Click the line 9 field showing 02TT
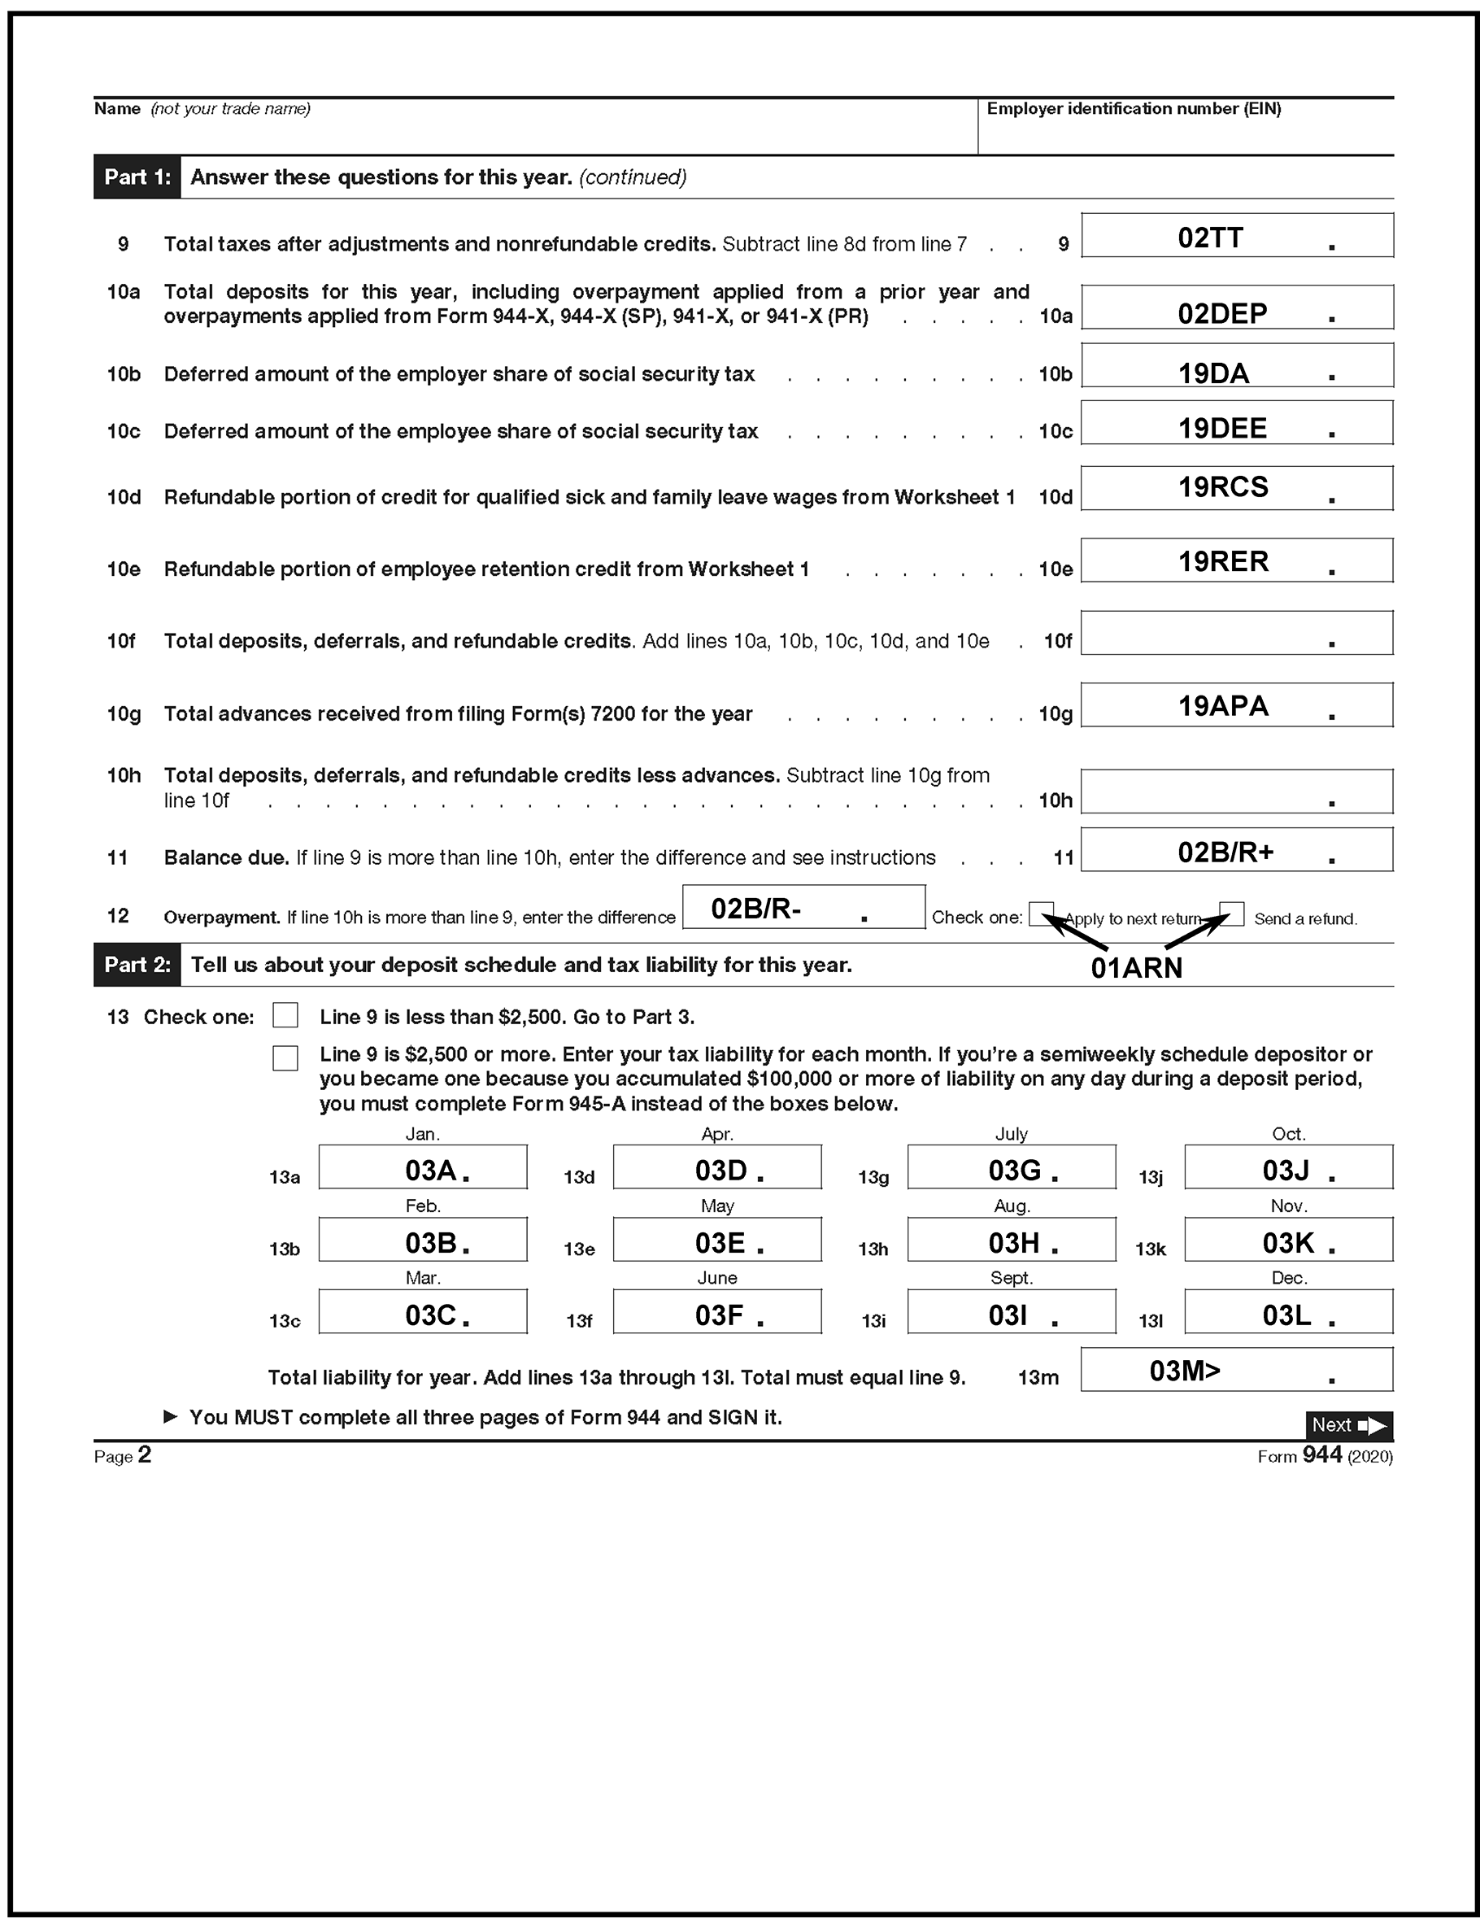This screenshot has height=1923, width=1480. click(x=1236, y=236)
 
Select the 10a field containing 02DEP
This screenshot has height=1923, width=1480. click(x=1236, y=307)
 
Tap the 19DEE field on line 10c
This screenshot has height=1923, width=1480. click(x=1236, y=424)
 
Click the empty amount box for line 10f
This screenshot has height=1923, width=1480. click(x=1236, y=633)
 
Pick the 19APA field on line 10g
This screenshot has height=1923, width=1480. click(x=1236, y=705)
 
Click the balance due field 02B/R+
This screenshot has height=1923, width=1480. click(x=1236, y=850)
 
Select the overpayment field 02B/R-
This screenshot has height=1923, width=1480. click(x=803, y=908)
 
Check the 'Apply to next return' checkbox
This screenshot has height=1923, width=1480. click(x=1041, y=914)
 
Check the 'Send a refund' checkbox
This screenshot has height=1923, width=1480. click(x=1232, y=914)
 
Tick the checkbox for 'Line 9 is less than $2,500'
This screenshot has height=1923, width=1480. click(x=285, y=1015)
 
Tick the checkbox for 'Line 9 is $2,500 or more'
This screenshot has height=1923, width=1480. click(x=285, y=1057)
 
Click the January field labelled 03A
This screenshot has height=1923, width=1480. click(x=423, y=1167)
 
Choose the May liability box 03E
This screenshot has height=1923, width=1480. click(x=716, y=1240)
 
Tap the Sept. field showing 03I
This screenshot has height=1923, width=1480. click(x=1011, y=1312)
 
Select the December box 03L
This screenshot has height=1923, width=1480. click(x=1288, y=1312)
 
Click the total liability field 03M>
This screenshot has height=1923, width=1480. click(x=1236, y=1370)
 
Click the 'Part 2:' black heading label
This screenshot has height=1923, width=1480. click(x=137, y=965)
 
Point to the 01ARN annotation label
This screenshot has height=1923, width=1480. click(x=1136, y=968)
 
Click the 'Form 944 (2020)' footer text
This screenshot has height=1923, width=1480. click(x=1324, y=1455)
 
